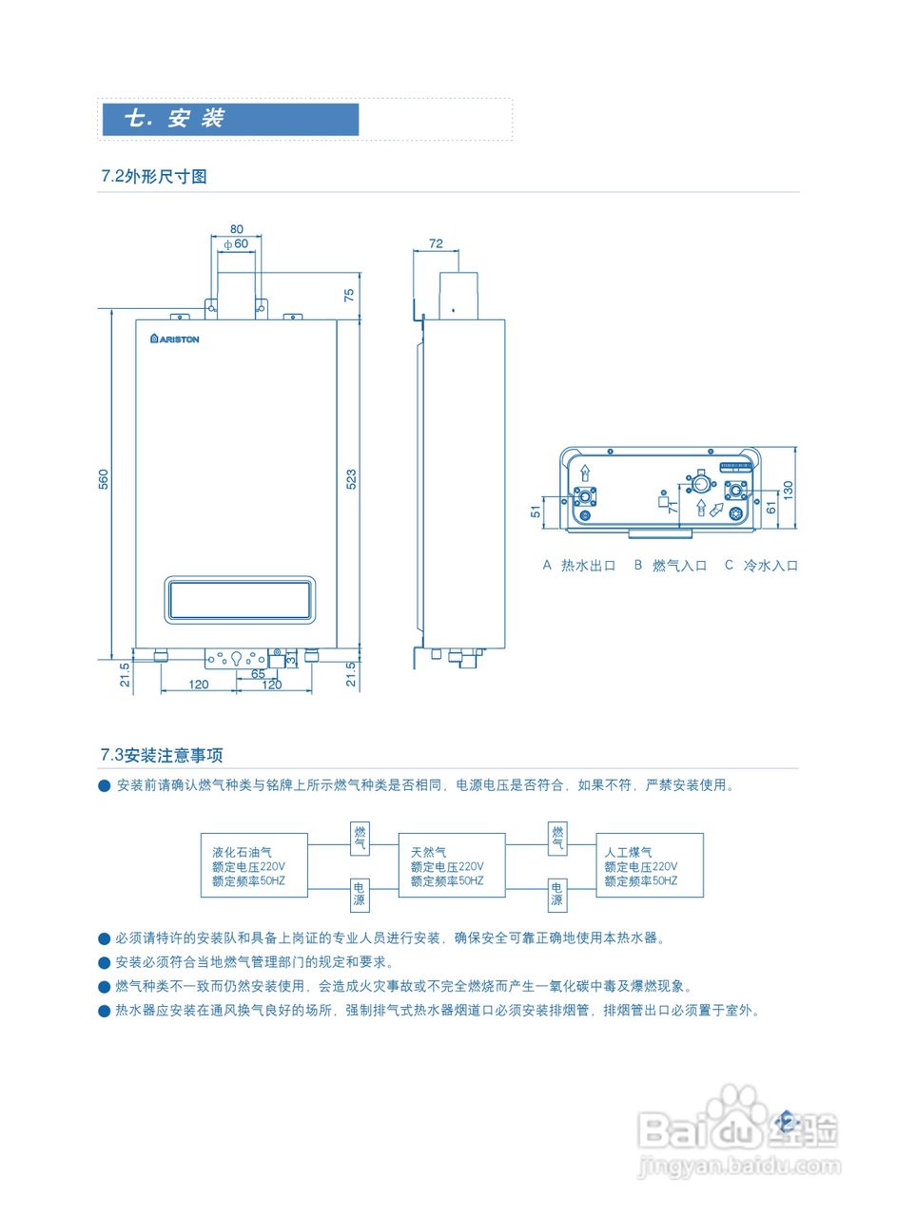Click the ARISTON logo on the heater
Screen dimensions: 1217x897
(x=175, y=338)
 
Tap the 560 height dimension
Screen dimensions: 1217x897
(x=104, y=479)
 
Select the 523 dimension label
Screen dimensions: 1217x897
(x=351, y=479)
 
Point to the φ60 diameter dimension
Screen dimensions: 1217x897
(x=236, y=243)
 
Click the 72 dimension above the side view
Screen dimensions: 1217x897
(x=436, y=243)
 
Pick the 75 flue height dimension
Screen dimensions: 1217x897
(x=349, y=295)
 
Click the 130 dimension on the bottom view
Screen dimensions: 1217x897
(x=788, y=489)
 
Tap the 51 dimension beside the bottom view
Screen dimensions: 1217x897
(x=536, y=511)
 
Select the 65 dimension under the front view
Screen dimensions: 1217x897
(x=258, y=673)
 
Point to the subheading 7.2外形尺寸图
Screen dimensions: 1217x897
(x=154, y=176)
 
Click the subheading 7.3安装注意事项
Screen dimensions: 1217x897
(x=162, y=756)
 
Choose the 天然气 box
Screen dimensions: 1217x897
(x=452, y=866)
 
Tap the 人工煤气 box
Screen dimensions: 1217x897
(x=650, y=866)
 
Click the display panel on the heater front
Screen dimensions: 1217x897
(x=241, y=600)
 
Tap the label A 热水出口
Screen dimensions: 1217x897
(x=579, y=566)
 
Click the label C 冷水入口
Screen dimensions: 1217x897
(x=761, y=566)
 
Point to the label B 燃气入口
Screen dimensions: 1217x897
(x=671, y=566)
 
